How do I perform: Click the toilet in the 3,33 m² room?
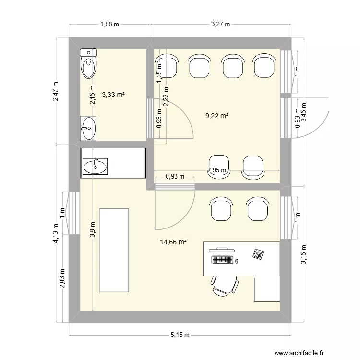tap(88, 63)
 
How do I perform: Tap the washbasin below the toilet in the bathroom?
tap(88, 128)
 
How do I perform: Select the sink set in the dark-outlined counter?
tap(96, 166)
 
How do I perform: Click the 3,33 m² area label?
tap(113, 95)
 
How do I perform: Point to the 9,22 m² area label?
tap(216, 116)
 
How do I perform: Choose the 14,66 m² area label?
tap(173, 243)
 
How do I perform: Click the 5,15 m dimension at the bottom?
tap(180, 335)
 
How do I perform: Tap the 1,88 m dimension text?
tap(109, 24)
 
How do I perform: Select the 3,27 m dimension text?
tap(221, 24)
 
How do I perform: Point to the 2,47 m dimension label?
tap(56, 91)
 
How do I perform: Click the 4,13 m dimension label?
tap(56, 234)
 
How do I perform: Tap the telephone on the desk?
tap(259, 254)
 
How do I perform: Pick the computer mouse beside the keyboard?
tap(236, 262)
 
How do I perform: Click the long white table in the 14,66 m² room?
tap(114, 250)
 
